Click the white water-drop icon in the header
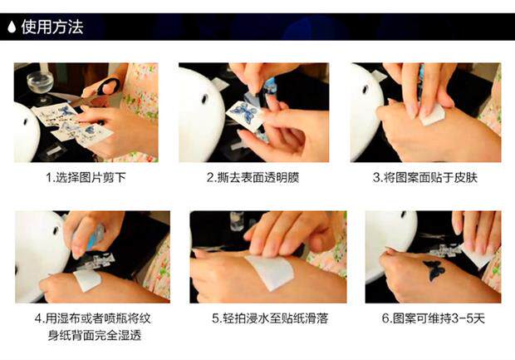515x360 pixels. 12,27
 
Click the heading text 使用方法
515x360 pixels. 52,27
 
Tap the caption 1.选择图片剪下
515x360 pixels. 86,178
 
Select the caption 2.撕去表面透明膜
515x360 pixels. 253,178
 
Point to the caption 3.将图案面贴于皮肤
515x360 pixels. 425,178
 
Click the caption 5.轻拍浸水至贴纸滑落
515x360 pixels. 270,318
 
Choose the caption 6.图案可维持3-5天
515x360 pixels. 434,318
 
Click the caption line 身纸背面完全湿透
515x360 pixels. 95,335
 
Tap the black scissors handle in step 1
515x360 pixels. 110,86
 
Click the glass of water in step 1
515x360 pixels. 41,84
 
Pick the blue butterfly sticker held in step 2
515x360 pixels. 245,112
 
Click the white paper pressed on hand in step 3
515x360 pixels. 433,116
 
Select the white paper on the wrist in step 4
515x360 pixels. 87,280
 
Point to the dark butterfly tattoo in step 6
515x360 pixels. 434,270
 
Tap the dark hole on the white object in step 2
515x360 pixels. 204,99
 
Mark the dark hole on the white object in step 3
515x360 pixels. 365,90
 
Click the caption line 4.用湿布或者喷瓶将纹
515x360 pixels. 93,318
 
